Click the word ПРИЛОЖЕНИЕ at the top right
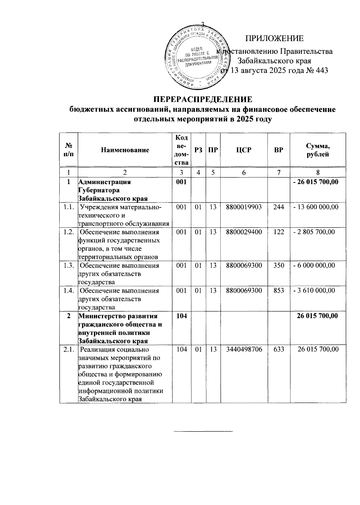tap(274, 38)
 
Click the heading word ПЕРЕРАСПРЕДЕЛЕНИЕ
tap(203, 100)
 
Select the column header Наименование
tap(125, 150)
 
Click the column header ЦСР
tap(243, 150)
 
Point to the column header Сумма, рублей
tap(318, 150)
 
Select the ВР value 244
tap(279, 207)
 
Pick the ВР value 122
tap(279, 232)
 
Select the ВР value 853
tap(279, 291)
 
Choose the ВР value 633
tap(279, 349)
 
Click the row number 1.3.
tap(69, 265)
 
